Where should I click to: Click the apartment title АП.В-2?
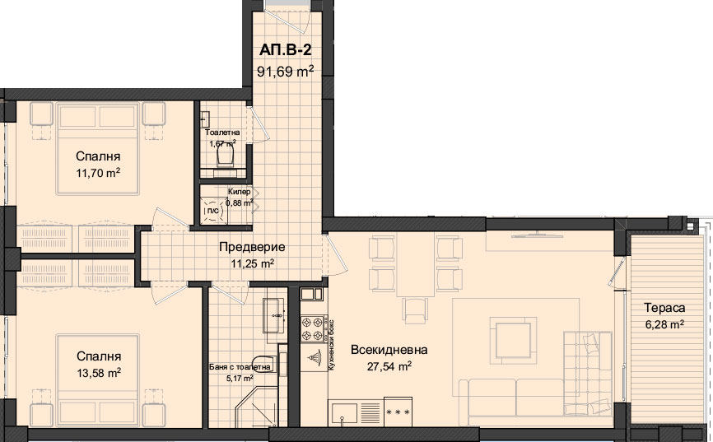click(286, 50)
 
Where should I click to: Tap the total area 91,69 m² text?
click(286, 72)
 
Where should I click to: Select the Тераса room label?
click(664, 308)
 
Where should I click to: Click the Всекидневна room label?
click(389, 350)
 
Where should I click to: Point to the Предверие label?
click(252, 247)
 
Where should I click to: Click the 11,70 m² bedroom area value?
click(98, 173)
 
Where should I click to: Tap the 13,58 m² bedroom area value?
click(99, 373)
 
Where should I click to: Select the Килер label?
click(240, 192)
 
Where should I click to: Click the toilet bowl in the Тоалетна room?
click(225, 157)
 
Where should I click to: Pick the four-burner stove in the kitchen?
click(312, 328)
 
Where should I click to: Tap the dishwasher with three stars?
click(398, 412)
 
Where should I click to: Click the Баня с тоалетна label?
click(240, 367)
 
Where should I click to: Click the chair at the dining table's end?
click(415, 310)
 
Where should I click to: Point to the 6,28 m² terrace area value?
click(664, 324)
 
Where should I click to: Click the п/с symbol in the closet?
click(212, 211)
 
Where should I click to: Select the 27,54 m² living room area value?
click(389, 366)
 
